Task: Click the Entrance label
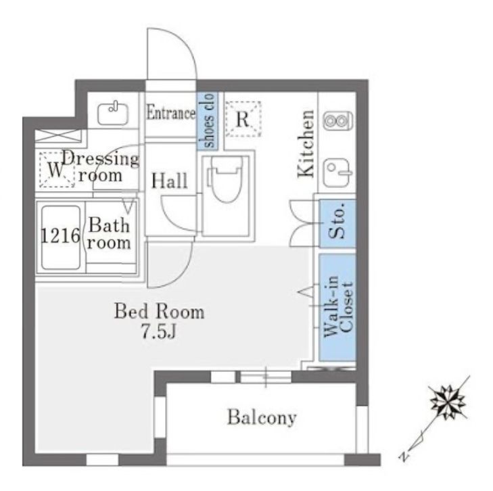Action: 170,113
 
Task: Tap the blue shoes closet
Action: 207,120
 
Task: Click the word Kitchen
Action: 307,144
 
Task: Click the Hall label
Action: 169,181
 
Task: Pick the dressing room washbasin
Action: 112,113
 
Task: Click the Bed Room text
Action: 158,312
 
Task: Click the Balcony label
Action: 261,417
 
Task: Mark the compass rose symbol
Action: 448,402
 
